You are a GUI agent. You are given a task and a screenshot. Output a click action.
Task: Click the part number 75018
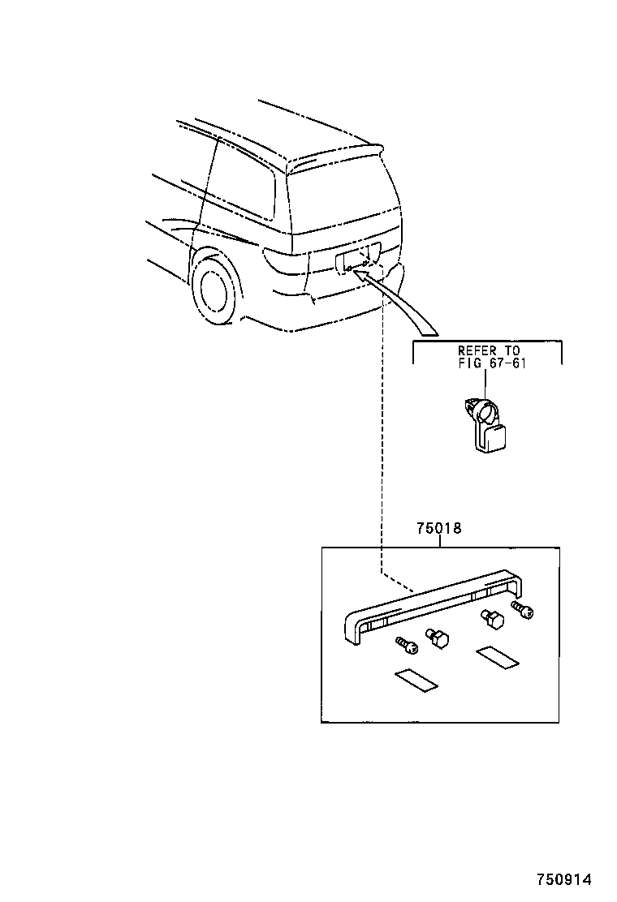point(439,529)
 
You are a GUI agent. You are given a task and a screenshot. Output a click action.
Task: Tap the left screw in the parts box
point(406,644)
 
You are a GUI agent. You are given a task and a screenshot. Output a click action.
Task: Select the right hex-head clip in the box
point(492,620)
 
